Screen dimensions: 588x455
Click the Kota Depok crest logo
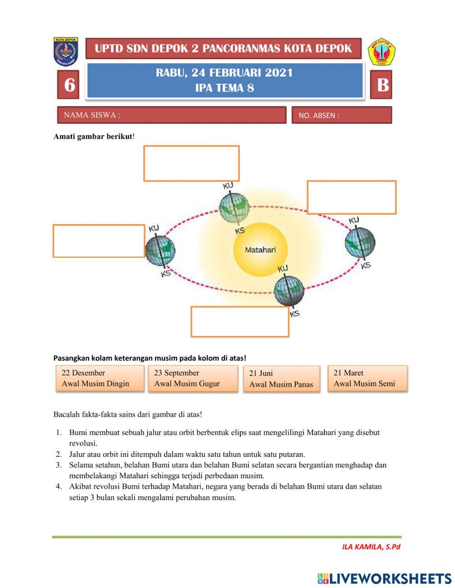pos(66,51)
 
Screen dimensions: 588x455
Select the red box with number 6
pos(69,85)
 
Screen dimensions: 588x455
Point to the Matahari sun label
pos(260,250)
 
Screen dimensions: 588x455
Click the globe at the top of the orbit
pos(234,207)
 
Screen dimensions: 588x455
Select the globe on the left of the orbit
pos(160,250)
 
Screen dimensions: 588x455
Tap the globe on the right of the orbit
pos(360,241)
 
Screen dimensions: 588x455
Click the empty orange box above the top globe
pos(192,163)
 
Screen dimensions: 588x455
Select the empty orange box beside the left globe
pos(99,241)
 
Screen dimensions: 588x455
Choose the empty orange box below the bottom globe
pos(240,322)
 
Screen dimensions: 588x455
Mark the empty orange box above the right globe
pos(351,197)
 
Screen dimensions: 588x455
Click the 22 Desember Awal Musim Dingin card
pos(100,378)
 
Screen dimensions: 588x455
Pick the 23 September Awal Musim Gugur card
pos(192,378)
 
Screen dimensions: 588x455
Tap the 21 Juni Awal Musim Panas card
pos(281,379)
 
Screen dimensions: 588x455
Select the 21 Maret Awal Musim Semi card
pos(367,378)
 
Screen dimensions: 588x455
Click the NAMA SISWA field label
pos(92,115)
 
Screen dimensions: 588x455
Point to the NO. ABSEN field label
pos(319,116)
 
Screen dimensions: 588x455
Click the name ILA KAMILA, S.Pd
pos(371,547)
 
